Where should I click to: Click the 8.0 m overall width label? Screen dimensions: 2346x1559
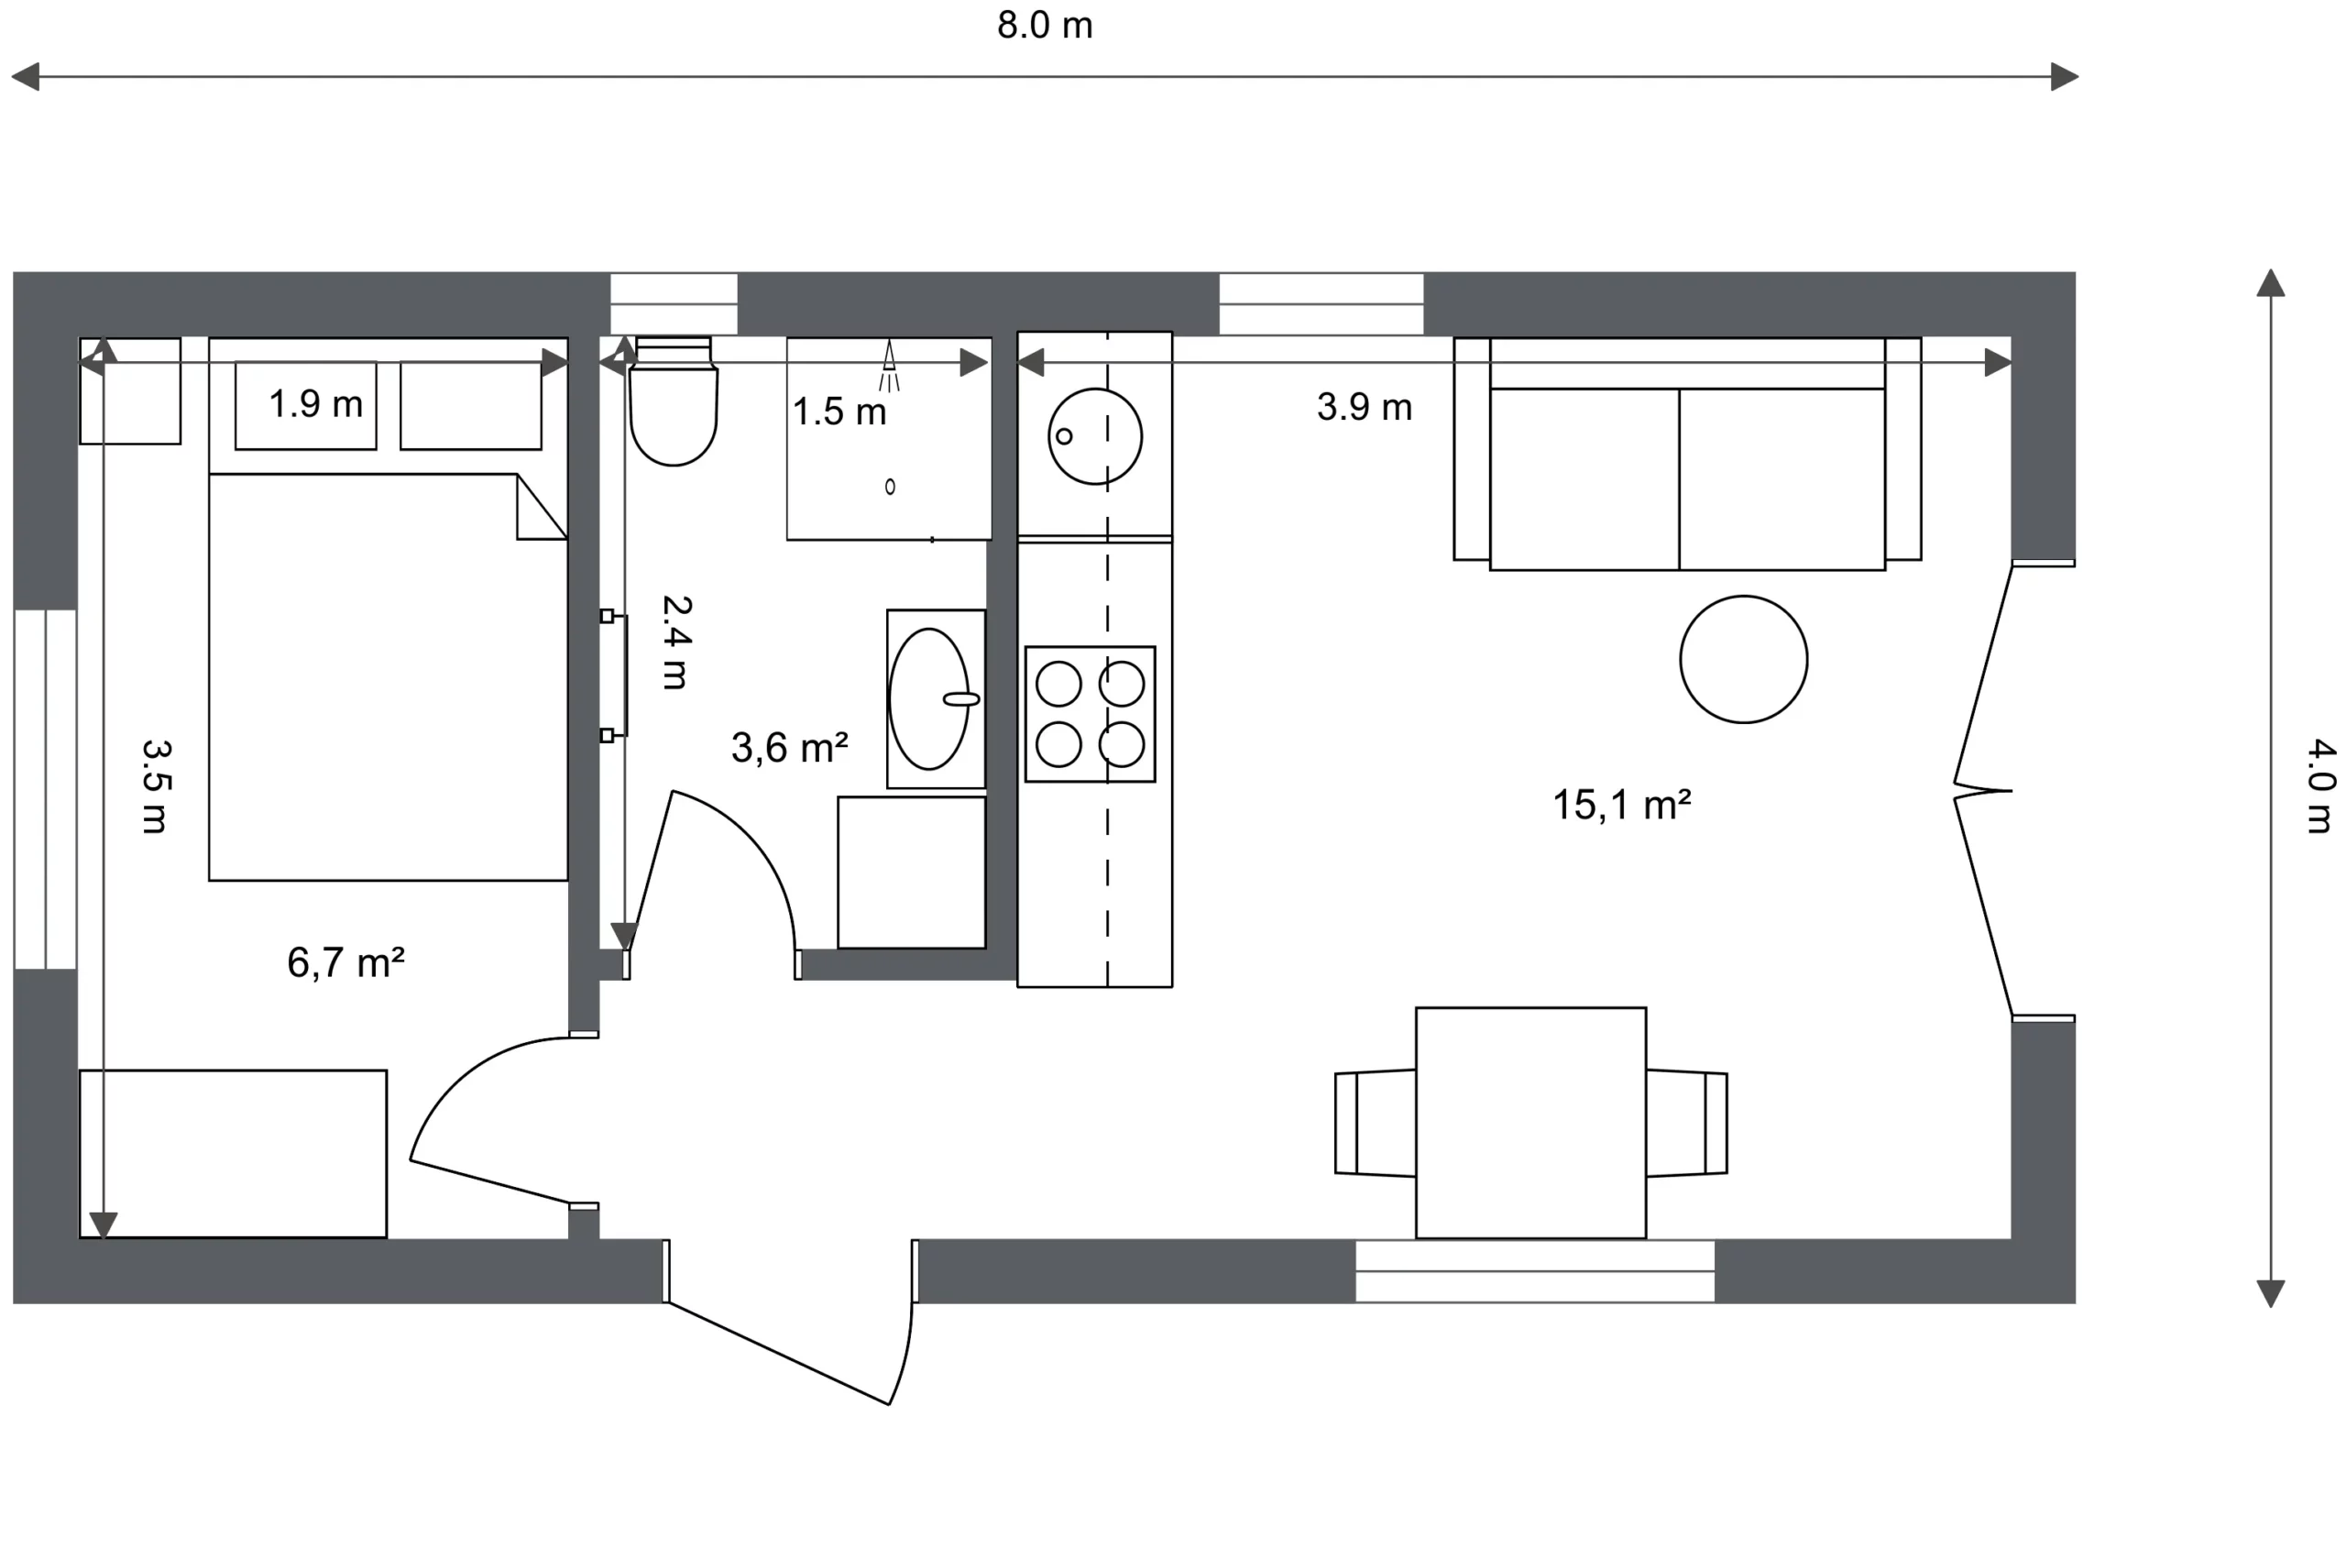[x=1045, y=26]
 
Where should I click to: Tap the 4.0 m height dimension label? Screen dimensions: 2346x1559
[x=2320, y=785]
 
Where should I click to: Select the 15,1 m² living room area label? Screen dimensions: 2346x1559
[x=1621, y=805]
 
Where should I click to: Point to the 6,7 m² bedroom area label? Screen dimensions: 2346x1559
[x=345, y=962]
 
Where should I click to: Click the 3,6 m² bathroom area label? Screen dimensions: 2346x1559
[x=789, y=748]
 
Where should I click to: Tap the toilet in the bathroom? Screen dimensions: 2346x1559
[x=673, y=401]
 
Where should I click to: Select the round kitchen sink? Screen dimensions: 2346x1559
[x=1095, y=436]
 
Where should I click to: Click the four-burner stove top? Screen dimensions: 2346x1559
[x=1091, y=714]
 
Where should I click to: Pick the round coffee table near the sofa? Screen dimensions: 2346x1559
[x=1744, y=659]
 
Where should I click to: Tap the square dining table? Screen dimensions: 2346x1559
[x=1531, y=1123]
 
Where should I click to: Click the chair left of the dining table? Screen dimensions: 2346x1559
[x=1375, y=1123]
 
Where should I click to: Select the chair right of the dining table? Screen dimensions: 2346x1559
[x=1687, y=1123]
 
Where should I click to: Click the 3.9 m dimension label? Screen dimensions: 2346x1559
[x=1365, y=407]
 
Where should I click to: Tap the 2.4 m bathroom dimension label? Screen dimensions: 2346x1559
[x=676, y=642]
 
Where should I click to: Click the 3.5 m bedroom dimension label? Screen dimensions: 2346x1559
[x=156, y=785]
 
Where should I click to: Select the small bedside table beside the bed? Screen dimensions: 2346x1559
[x=130, y=390]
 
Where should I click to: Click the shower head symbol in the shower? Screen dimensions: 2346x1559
[x=890, y=366]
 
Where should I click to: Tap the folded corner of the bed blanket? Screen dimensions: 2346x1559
[x=542, y=507]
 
